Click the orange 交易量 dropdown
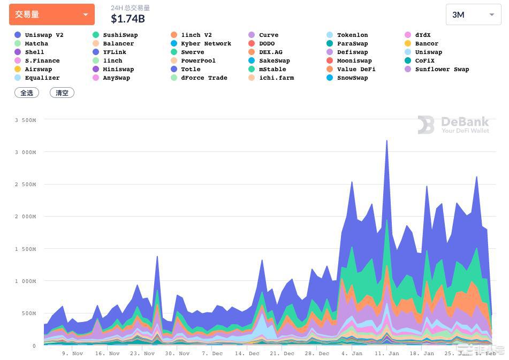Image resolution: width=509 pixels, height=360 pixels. click(51, 14)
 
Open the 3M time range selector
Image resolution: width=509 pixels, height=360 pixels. click(473, 14)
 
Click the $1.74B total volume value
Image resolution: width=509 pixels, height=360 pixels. click(127, 19)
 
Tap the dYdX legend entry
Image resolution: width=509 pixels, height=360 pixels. click(422, 35)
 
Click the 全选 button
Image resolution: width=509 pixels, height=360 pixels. click(27, 93)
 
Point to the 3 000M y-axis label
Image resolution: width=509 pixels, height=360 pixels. click(25, 152)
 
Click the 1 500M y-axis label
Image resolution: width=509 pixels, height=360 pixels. click(25, 249)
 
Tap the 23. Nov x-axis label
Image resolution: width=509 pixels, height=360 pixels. click(142, 353)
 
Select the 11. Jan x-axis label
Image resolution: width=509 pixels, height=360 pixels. click(386, 353)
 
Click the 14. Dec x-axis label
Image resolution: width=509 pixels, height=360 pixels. click(247, 353)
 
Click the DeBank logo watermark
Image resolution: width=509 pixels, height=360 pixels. click(453, 125)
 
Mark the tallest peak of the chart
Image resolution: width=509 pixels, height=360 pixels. click(386, 141)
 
